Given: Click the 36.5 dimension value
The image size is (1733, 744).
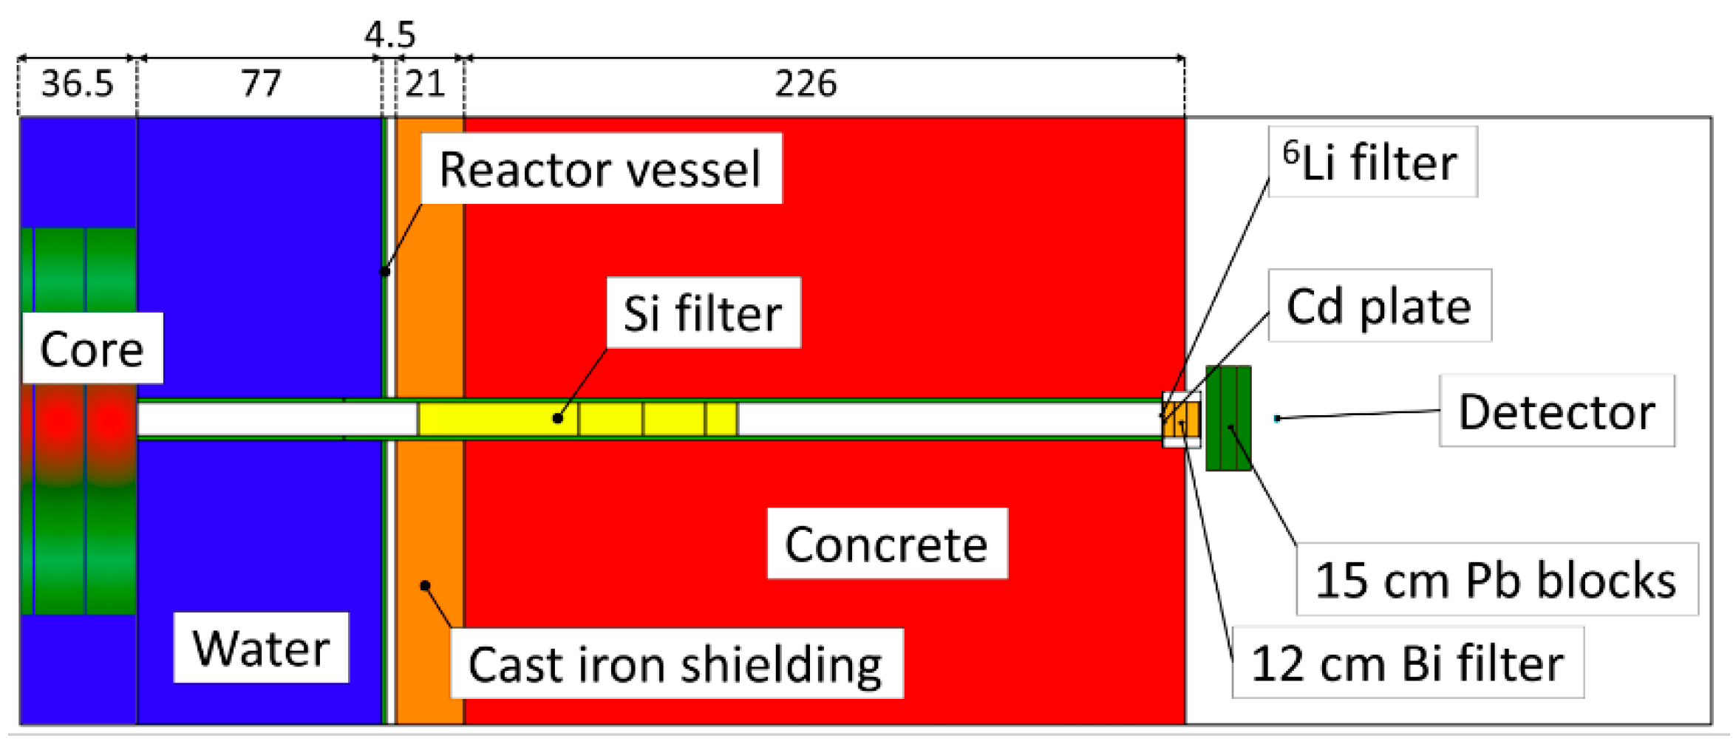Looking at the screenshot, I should tap(77, 83).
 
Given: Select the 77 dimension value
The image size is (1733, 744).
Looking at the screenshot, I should tap(261, 83).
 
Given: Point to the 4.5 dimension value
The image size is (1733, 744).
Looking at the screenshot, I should tap(389, 35).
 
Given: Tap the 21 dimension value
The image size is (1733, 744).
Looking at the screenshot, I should tap(425, 83).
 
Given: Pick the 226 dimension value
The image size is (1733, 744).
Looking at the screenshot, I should tap(806, 83).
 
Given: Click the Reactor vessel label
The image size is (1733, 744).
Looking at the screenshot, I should tap(600, 169).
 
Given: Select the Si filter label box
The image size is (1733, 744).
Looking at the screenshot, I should tap(703, 313).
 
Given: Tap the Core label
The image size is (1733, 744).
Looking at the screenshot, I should tap(92, 349).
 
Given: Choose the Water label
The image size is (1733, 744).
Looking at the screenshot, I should tap(261, 648).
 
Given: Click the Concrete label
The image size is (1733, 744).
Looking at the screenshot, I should tap(887, 545).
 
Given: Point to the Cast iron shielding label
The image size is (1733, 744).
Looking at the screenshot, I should tap(676, 664).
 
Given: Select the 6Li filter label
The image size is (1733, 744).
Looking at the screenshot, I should tap(1372, 162).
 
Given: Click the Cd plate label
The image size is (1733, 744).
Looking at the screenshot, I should tap(1379, 306).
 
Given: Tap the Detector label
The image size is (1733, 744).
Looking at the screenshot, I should tap(1556, 412).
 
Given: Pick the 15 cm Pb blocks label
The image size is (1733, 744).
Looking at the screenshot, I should tap(1496, 580).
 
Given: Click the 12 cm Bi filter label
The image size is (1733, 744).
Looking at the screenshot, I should tap(1407, 663).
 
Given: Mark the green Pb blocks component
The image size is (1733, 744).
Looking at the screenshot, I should tap(1228, 418).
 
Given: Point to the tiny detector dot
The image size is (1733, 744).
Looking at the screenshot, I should tap(1277, 419).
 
